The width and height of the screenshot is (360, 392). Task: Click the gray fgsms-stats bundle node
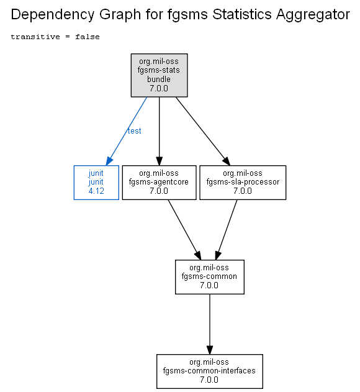pyautogui.click(x=159, y=75)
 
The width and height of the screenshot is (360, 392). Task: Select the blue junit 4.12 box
pyautogui.click(x=96, y=183)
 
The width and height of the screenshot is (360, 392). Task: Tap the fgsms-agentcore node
pyautogui.click(x=159, y=183)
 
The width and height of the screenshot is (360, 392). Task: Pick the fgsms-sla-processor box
pyautogui.click(x=243, y=183)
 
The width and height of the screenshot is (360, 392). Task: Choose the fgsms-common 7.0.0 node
pyautogui.click(x=210, y=277)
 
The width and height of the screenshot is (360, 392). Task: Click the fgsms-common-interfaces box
pyautogui.click(x=210, y=371)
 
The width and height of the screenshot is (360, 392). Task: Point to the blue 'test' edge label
pyautogui.click(x=135, y=130)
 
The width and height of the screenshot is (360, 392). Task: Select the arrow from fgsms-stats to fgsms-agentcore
pyautogui.click(x=159, y=131)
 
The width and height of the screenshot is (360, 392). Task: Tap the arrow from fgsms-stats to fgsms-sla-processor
pyautogui.click(x=202, y=131)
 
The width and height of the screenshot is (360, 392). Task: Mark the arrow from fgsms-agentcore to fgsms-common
pyautogui.click(x=184, y=230)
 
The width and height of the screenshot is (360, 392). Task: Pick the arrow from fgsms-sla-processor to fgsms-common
pyautogui.click(x=226, y=230)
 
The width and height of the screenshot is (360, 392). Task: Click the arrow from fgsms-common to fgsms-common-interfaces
pyautogui.click(x=210, y=324)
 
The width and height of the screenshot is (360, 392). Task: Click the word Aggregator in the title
pyautogui.click(x=313, y=14)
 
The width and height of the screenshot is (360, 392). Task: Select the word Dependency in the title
pyautogui.click(x=53, y=14)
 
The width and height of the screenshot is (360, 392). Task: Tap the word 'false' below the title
pyautogui.click(x=88, y=37)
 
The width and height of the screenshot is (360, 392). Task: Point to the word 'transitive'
pyautogui.click(x=35, y=37)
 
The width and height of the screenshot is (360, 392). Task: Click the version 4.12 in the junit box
pyautogui.click(x=96, y=191)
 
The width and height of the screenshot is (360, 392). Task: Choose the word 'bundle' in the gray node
pyautogui.click(x=159, y=80)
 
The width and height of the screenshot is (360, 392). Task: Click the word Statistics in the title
pyautogui.click(x=242, y=14)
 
